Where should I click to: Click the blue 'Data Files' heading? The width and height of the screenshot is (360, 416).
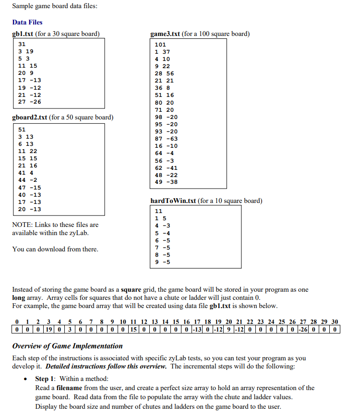(27, 22)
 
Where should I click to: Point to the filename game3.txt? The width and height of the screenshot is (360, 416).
(165, 34)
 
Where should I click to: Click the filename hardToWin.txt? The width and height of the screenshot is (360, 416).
(173, 201)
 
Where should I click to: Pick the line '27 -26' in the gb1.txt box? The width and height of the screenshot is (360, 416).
(29, 102)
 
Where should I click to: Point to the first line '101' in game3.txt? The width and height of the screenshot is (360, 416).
(160, 45)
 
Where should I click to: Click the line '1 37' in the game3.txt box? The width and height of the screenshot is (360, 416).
(162, 52)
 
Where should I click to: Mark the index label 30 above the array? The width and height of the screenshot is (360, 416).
(335, 321)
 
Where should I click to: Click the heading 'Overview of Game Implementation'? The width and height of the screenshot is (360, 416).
(67, 346)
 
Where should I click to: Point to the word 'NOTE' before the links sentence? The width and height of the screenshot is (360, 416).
(22, 225)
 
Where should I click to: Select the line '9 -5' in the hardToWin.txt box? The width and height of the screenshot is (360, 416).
(160, 262)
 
